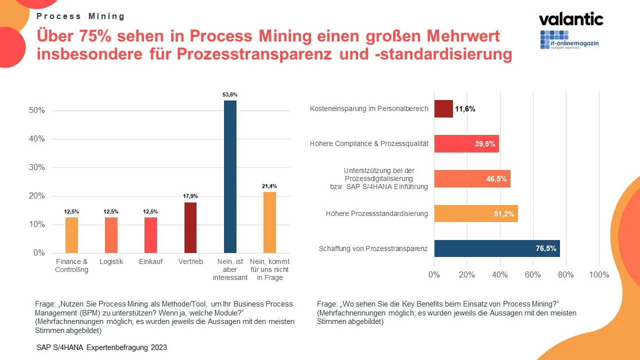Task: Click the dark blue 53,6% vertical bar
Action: click(x=230, y=176)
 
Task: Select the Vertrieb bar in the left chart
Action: click(x=190, y=227)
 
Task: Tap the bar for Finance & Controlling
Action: click(x=71, y=235)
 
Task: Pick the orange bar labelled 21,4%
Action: click(x=269, y=222)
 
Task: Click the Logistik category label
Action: click(x=111, y=262)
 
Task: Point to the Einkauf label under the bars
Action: click(x=150, y=262)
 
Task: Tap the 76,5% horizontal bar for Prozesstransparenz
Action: click(x=496, y=248)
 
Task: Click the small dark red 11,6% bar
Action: click(x=443, y=108)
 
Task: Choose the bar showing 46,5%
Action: click(x=472, y=178)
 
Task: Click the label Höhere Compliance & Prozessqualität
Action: click(x=369, y=144)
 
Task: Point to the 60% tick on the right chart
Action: click(x=533, y=274)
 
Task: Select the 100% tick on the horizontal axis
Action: click(x=599, y=274)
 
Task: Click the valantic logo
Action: click(x=571, y=19)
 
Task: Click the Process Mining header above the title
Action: click(x=80, y=16)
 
